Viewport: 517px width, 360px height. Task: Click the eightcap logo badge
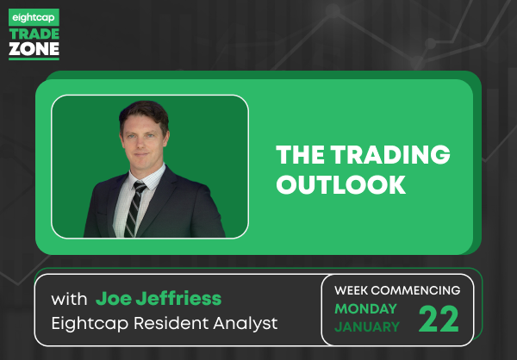click(34, 17)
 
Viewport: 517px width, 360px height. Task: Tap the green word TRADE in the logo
click(34, 34)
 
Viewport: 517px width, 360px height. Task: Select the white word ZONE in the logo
click(34, 49)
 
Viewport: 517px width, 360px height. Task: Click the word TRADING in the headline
click(390, 154)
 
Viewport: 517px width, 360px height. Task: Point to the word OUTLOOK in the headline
click(341, 184)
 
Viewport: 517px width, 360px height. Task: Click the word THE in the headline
click(301, 154)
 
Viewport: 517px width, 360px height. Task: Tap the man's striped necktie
click(134, 209)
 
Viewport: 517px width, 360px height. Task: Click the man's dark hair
click(145, 114)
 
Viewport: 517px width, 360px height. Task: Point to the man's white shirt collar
click(147, 178)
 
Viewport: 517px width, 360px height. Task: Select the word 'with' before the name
click(69, 300)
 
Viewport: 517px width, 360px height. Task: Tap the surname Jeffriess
click(178, 299)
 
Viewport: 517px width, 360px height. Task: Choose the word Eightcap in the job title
click(90, 324)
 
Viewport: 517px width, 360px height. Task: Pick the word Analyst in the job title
click(246, 324)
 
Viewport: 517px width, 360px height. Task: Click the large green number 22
click(439, 319)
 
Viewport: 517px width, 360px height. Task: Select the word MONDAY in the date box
click(365, 309)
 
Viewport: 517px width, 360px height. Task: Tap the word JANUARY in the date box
click(367, 327)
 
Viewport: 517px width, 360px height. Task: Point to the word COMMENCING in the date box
click(417, 290)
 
